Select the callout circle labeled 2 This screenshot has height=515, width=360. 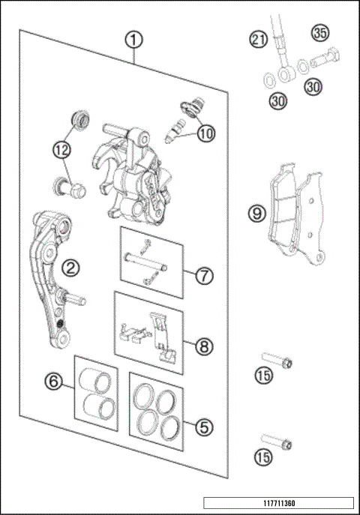[68, 267]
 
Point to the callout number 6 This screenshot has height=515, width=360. [53, 382]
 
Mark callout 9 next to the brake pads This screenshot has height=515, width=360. [257, 214]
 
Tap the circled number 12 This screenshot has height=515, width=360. [61, 148]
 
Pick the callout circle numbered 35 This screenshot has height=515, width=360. [320, 34]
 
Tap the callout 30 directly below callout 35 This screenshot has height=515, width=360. [313, 86]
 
